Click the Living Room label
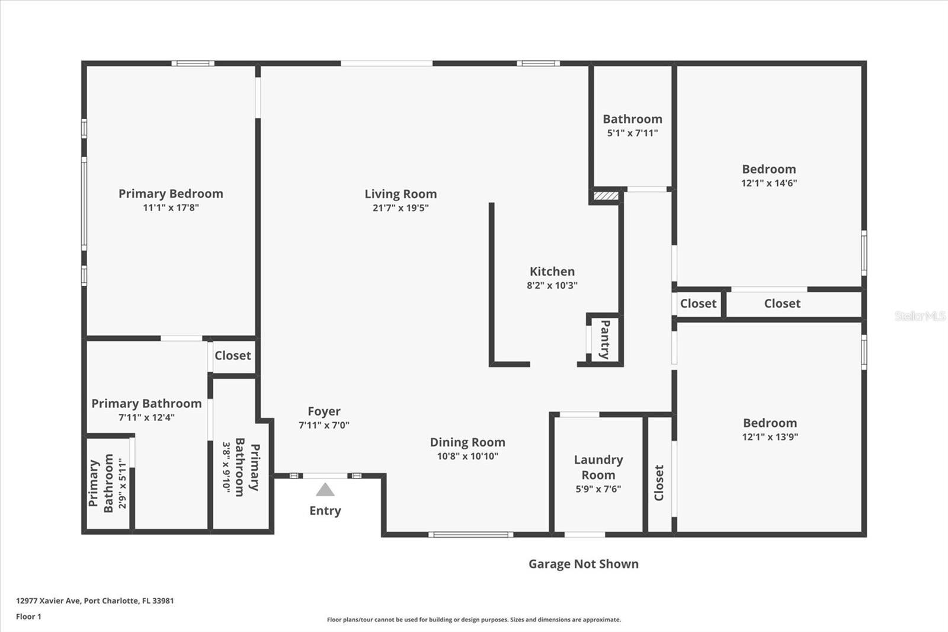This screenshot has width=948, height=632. click(401, 194)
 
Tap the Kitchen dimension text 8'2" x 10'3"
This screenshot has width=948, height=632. click(552, 285)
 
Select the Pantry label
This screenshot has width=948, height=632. click(605, 339)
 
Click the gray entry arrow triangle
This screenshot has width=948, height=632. click(325, 490)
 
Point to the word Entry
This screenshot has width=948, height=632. click(325, 510)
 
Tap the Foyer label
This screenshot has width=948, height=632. click(324, 411)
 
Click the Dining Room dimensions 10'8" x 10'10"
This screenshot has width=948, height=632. click(467, 456)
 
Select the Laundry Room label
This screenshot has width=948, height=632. click(598, 467)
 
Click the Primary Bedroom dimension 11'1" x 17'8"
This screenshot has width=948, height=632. click(171, 208)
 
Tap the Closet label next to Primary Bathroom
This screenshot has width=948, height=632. click(232, 355)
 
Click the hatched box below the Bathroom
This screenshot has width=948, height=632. click(606, 195)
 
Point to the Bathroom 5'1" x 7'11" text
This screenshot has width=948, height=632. click(632, 133)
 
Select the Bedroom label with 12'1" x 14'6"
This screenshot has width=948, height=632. click(768, 169)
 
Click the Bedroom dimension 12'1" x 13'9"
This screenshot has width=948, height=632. click(770, 437)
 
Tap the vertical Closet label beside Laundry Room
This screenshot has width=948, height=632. click(659, 482)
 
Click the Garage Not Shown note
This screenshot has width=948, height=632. click(583, 564)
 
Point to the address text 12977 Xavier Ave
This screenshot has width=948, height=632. click(95, 601)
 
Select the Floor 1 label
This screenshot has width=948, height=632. click(28, 617)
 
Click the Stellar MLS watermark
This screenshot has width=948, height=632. click(920, 316)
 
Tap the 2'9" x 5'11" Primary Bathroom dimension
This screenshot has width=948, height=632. click(123, 483)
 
